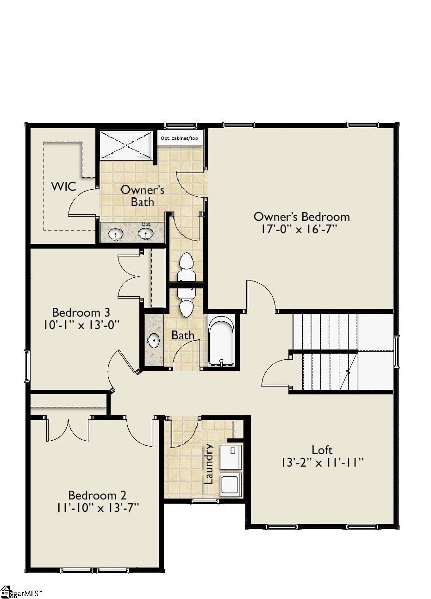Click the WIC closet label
point(63,186)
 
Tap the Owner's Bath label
point(142,196)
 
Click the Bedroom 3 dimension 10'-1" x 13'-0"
point(82,325)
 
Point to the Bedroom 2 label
point(97,495)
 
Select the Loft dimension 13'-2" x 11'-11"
point(322,462)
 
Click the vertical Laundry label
point(209,464)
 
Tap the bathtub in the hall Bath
point(221,341)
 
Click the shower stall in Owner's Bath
point(126,145)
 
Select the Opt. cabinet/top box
point(179,138)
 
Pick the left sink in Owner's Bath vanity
point(116,235)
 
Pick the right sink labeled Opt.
point(146,235)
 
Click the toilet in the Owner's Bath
point(186,267)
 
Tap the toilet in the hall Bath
point(186,302)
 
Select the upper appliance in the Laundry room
point(230,456)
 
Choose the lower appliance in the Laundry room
point(230,484)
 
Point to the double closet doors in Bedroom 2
point(68,430)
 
